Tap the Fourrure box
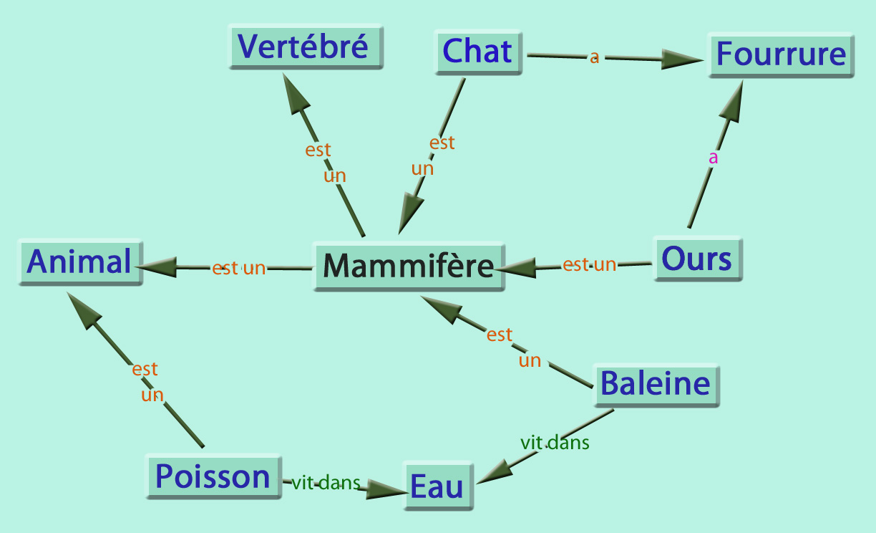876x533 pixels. pos(781,54)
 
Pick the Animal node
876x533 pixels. pos(79,261)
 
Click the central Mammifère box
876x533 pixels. pos(409,266)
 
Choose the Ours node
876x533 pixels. pos(697,258)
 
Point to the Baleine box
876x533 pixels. pos(656,384)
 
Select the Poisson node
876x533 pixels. pos(213,476)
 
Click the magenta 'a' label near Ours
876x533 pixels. pos(713,158)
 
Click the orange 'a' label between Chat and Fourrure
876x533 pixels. pos(594,57)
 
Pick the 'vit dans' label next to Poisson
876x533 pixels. pos(326,484)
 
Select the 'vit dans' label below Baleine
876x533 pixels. pos(555,443)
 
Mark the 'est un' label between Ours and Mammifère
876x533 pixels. pos(589,264)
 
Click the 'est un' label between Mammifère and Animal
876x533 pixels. pos(238,269)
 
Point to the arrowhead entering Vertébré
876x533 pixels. pos(294,93)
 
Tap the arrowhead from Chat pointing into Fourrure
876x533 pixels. pos(680,59)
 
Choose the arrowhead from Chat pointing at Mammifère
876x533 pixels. pos(410,211)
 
